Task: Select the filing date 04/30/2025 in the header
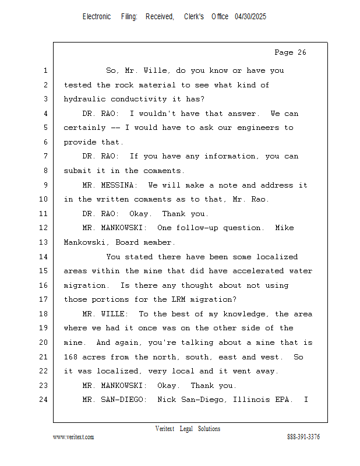point(250,17)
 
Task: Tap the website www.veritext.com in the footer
point(73,437)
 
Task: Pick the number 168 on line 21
point(70,357)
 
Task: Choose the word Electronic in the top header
point(97,17)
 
